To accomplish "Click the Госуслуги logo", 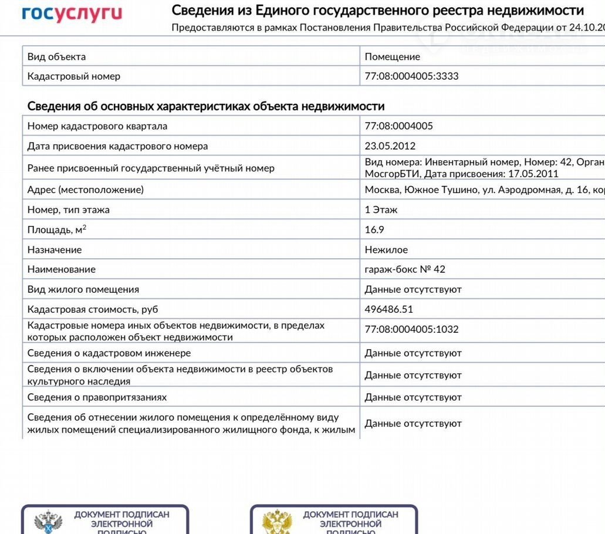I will [72, 13].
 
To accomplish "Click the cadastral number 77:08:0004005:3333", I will [411, 76].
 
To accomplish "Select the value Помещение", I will [392, 57].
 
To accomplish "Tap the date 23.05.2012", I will [390, 146].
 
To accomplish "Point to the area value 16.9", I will [374, 230].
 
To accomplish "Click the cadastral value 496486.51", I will [389, 309].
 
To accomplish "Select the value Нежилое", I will [386, 250].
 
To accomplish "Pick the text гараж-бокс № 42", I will [405, 270].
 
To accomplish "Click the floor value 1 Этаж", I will [381, 210].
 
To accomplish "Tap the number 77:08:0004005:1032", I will [411, 329].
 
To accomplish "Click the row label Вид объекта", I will [56, 57].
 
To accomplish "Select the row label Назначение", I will [55, 250].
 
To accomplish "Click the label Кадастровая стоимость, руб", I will [93, 309].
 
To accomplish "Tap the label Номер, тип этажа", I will [68, 210].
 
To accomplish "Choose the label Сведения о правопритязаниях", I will [97, 397].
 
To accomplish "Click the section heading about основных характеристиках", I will [206, 106].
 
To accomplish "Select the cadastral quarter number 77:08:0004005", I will [398, 126].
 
